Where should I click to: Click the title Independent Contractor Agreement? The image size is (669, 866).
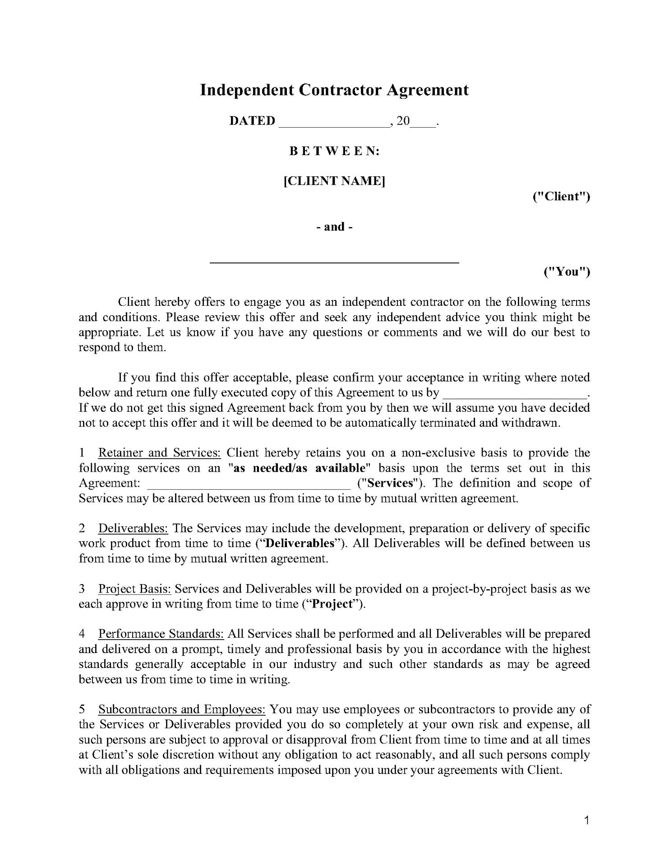tap(334, 90)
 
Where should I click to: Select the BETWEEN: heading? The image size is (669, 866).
tap(334, 151)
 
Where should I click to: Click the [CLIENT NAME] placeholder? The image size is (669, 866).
tap(334, 181)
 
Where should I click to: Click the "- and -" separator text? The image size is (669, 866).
tap(334, 226)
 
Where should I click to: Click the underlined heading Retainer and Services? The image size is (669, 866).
tap(159, 452)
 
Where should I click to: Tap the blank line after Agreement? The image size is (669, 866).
tap(249, 485)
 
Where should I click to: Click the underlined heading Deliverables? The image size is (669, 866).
tap(134, 528)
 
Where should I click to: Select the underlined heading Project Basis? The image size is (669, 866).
tap(134, 589)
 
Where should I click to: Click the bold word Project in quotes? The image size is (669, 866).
tap(332, 604)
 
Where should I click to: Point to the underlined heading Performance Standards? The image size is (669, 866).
tap(161, 634)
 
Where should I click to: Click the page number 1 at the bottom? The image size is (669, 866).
tap(587, 820)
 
